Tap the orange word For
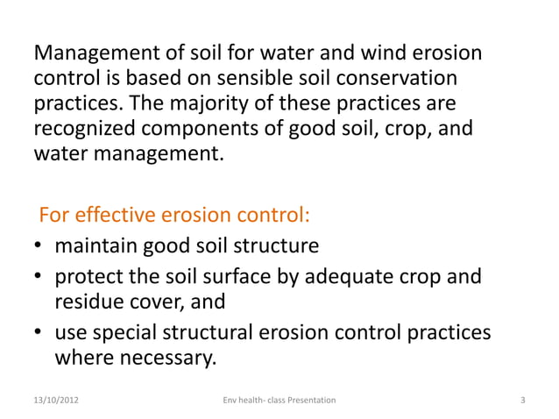54,217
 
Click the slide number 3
522,401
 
